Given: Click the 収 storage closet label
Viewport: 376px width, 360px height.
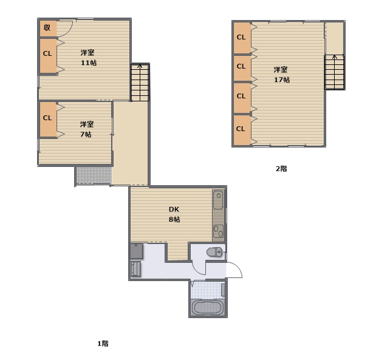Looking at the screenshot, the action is (x=47, y=27).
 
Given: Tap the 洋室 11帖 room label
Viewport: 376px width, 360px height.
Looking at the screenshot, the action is (x=88, y=58).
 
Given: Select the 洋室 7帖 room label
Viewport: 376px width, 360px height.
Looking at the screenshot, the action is (x=86, y=129).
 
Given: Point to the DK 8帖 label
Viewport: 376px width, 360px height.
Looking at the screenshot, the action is (x=174, y=214).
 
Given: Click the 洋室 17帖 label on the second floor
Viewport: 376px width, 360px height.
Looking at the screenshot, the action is (x=281, y=75).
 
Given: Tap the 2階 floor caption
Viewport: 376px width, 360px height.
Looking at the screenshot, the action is (x=281, y=169).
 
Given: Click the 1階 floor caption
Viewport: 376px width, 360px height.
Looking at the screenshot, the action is (x=103, y=344).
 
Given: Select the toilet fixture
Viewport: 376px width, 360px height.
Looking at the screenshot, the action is (x=215, y=252).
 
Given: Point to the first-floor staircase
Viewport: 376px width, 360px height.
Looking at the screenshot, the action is (x=140, y=82).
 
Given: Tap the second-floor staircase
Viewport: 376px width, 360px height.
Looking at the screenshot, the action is (x=335, y=72).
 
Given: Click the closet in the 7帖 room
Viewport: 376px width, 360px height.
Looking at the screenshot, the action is (x=48, y=120).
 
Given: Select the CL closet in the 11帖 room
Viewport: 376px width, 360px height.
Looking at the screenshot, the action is (x=48, y=56).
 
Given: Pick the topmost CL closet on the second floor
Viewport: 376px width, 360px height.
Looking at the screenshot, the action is (x=242, y=38).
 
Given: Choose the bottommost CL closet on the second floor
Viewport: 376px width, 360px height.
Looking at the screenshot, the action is (x=242, y=130).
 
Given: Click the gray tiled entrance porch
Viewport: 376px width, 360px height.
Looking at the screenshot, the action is (x=94, y=175).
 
